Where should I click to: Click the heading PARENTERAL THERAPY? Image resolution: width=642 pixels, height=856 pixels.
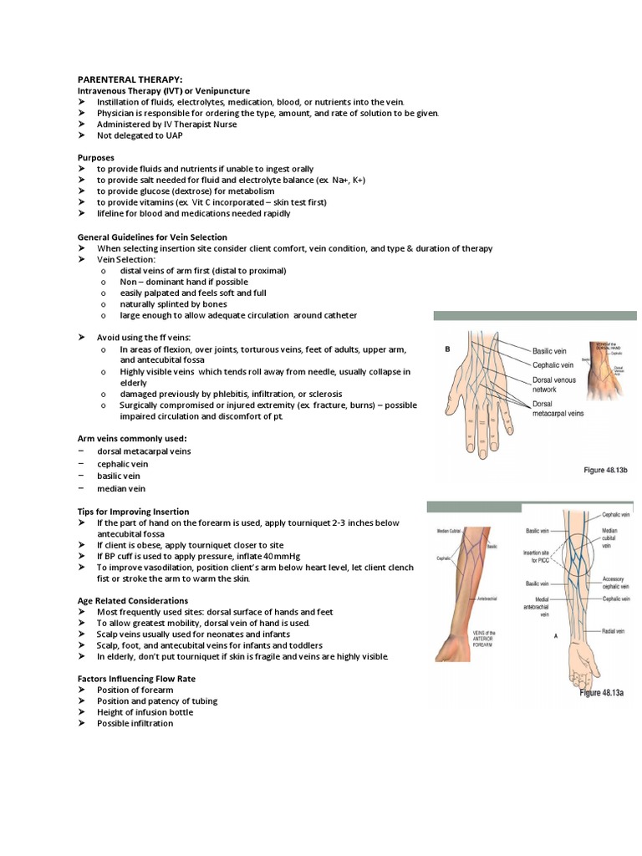tap(130, 79)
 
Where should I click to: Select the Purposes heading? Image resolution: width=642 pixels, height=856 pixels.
tap(96, 157)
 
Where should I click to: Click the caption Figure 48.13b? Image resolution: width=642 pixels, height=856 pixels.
tap(604, 471)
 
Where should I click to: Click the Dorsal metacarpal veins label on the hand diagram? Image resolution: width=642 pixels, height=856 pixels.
tap(558, 408)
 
